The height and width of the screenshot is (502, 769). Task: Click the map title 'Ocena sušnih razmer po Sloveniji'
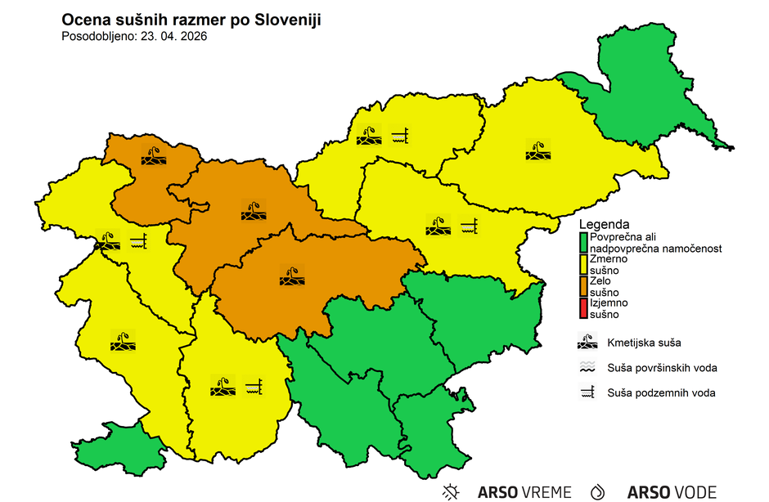click(191, 20)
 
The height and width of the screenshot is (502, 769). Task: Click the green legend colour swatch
click(583, 242)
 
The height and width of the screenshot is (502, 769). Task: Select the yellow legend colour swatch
click(583, 263)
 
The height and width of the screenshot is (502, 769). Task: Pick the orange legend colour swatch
click(583, 286)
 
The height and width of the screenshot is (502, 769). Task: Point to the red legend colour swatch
click(583, 308)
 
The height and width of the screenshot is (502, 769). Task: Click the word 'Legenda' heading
click(604, 224)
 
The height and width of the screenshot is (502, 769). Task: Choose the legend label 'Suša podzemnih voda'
click(661, 393)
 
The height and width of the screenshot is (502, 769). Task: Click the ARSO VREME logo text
click(524, 492)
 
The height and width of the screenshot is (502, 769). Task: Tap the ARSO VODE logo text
click(672, 492)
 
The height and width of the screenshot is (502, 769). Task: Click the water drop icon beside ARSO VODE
click(598, 491)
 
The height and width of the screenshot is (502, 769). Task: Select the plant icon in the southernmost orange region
click(290, 275)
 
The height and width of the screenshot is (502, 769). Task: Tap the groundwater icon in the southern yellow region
click(254, 385)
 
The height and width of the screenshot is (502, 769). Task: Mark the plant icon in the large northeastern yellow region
click(537, 150)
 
